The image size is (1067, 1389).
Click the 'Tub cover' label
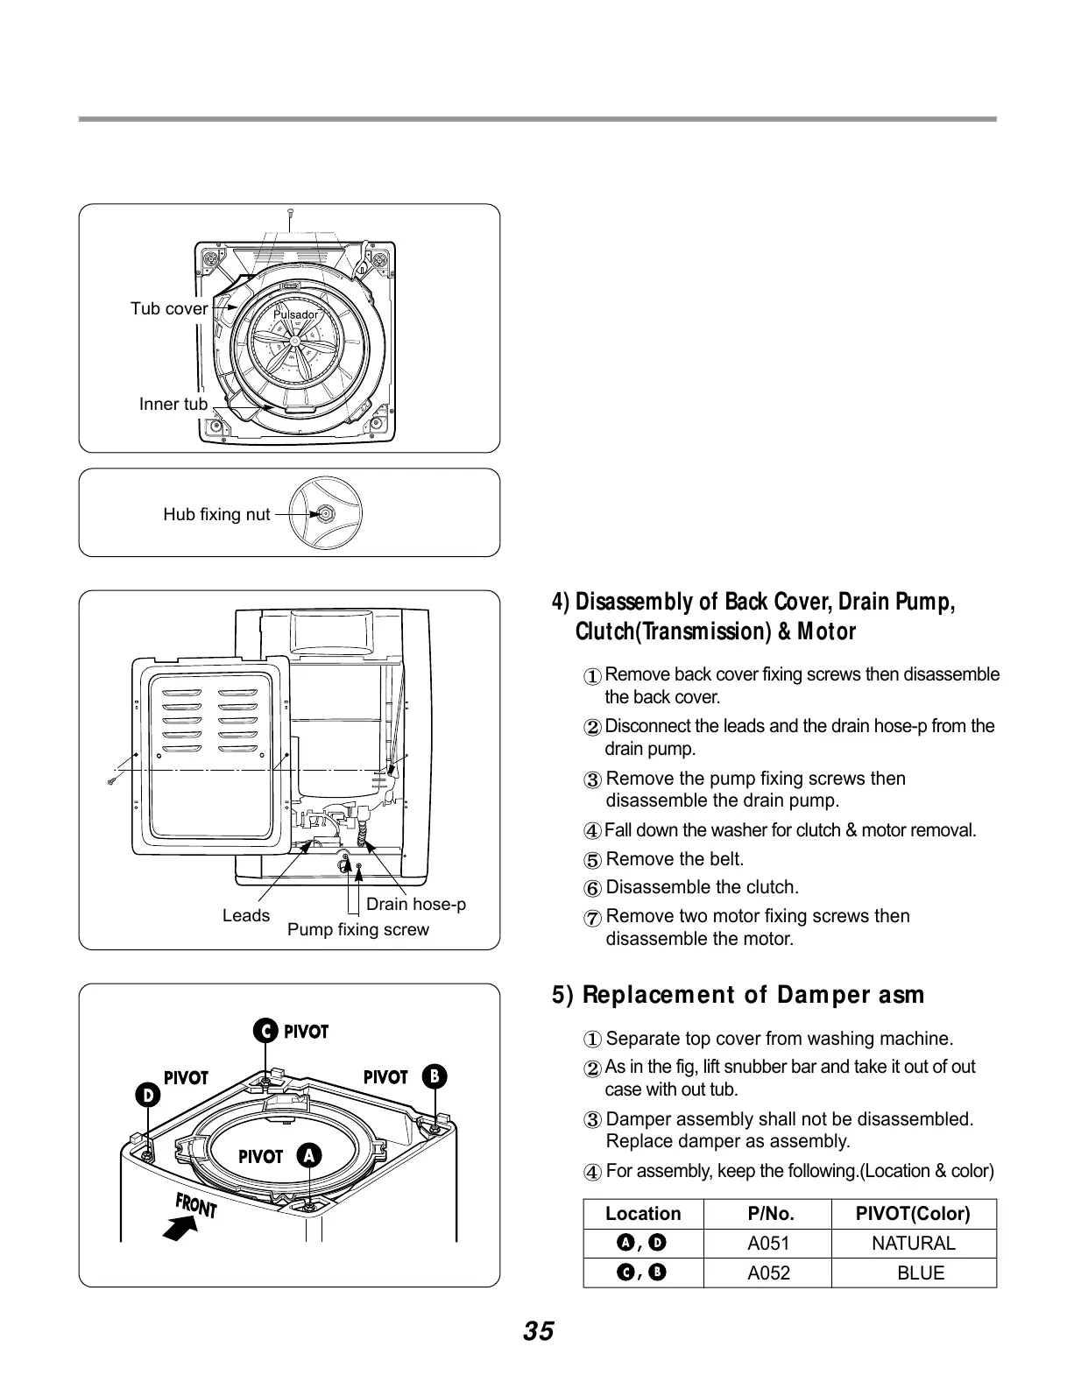(x=169, y=308)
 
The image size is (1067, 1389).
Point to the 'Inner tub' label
(x=173, y=404)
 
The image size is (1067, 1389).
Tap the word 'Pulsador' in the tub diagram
(x=296, y=314)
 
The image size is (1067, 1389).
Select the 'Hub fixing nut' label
(x=216, y=514)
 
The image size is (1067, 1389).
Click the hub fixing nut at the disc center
(x=325, y=514)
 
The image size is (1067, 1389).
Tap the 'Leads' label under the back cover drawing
(x=246, y=915)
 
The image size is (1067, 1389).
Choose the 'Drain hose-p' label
(x=416, y=904)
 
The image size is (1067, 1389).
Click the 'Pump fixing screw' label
(x=358, y=929)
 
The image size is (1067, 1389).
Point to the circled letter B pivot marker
(x=435, y=1076)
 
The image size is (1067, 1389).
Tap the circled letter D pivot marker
(x=148, y=1095)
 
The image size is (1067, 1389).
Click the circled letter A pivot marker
(x=308, y=1156)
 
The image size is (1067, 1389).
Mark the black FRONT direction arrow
(x=180, y=1230)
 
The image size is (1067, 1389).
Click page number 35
(x=539, y=1332)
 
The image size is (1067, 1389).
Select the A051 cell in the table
(x=768, y=1244)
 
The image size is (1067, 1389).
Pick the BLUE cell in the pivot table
(x=921, y=1273)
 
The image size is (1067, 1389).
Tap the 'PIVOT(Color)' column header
(x=913, y=1214)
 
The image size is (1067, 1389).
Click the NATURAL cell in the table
(x=914, y=1244)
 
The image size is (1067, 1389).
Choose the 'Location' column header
(x=643, y=1214)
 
